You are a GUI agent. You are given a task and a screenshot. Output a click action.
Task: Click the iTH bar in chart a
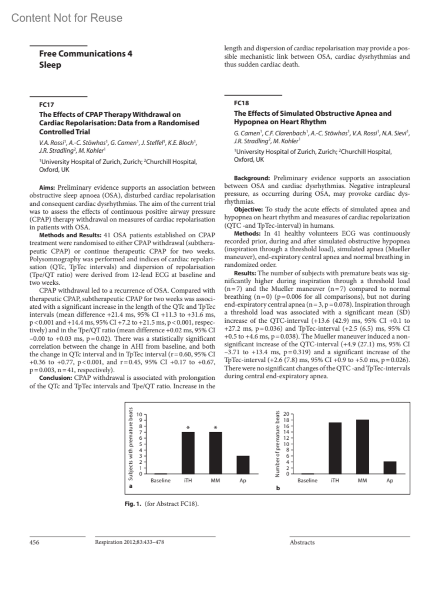click(x=188, y=453)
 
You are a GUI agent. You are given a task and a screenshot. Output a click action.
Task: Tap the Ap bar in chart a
click(x=243, y=465)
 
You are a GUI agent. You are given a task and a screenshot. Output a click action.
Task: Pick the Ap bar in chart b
click(x=390, y=467)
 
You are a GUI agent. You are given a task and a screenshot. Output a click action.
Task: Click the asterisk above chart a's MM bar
click(x=216, y=428)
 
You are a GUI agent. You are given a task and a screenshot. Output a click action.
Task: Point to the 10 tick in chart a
click(x=139, y=414)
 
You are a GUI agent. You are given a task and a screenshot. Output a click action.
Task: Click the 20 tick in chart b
click(x=286, y=414)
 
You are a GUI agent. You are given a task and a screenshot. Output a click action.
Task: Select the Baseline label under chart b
click(x=307, y=480)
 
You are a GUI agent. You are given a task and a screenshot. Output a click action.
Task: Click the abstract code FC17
click(x=47, y=105)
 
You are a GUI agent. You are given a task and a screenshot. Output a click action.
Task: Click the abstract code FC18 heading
click(x=241, y=103)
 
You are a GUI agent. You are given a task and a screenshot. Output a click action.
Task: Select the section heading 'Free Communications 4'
click(x=85, y=54)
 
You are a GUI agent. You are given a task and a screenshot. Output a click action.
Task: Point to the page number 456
click(x=34, y=542)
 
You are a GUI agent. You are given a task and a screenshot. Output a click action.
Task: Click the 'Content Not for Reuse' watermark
click(x=67, y=18)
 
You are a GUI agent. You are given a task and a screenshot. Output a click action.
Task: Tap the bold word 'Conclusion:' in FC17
click(x=55, y=378)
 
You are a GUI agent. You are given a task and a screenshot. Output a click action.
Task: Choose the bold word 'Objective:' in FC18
click(x=248, y=209)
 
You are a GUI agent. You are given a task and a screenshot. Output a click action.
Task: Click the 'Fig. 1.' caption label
click(x=133, y=504)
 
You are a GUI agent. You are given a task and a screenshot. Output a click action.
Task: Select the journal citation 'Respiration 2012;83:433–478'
click(x=129, y=542)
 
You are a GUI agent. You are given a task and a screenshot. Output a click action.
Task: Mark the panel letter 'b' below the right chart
click(x=278, y=488)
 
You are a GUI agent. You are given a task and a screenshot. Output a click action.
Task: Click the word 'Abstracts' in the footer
click(x=302, y=542)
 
